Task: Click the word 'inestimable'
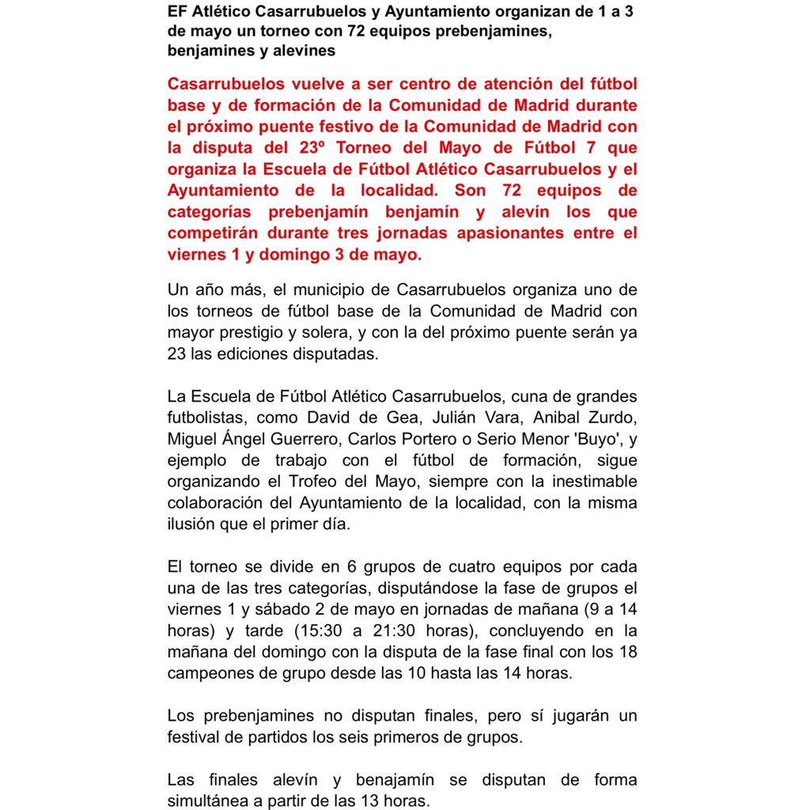click(592, 481)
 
